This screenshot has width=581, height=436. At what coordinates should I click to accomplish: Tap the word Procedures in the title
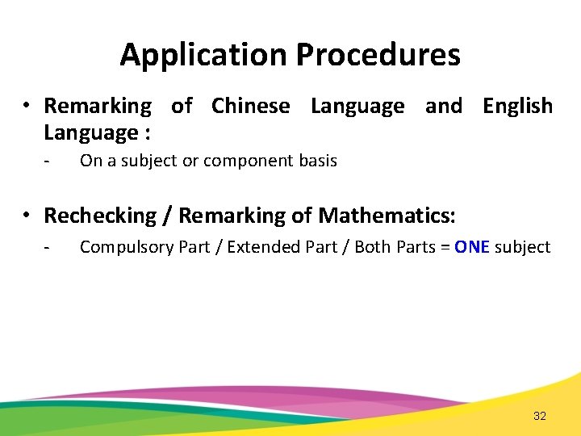(378, 55)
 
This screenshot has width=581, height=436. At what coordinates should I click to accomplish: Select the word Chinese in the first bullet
(250, 106)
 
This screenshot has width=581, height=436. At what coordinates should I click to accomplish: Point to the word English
(517, 106)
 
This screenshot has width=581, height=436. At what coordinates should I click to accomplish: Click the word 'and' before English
(443, 106)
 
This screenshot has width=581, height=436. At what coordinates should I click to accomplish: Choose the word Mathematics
(387, 216)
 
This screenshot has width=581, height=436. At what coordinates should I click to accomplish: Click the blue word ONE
(472, 247)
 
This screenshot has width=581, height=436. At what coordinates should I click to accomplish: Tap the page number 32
(540, 416)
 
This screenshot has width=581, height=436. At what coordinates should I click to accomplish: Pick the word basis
(320, 161)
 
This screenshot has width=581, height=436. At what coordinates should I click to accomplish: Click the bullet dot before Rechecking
(27, 216)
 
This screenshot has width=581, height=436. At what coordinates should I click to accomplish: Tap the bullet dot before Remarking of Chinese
(27, 106)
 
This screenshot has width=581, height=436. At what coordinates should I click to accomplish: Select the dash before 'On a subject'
(48, 161)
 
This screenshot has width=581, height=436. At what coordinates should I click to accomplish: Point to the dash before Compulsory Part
(48, 247)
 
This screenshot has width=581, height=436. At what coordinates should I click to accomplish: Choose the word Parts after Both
(416, 247)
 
